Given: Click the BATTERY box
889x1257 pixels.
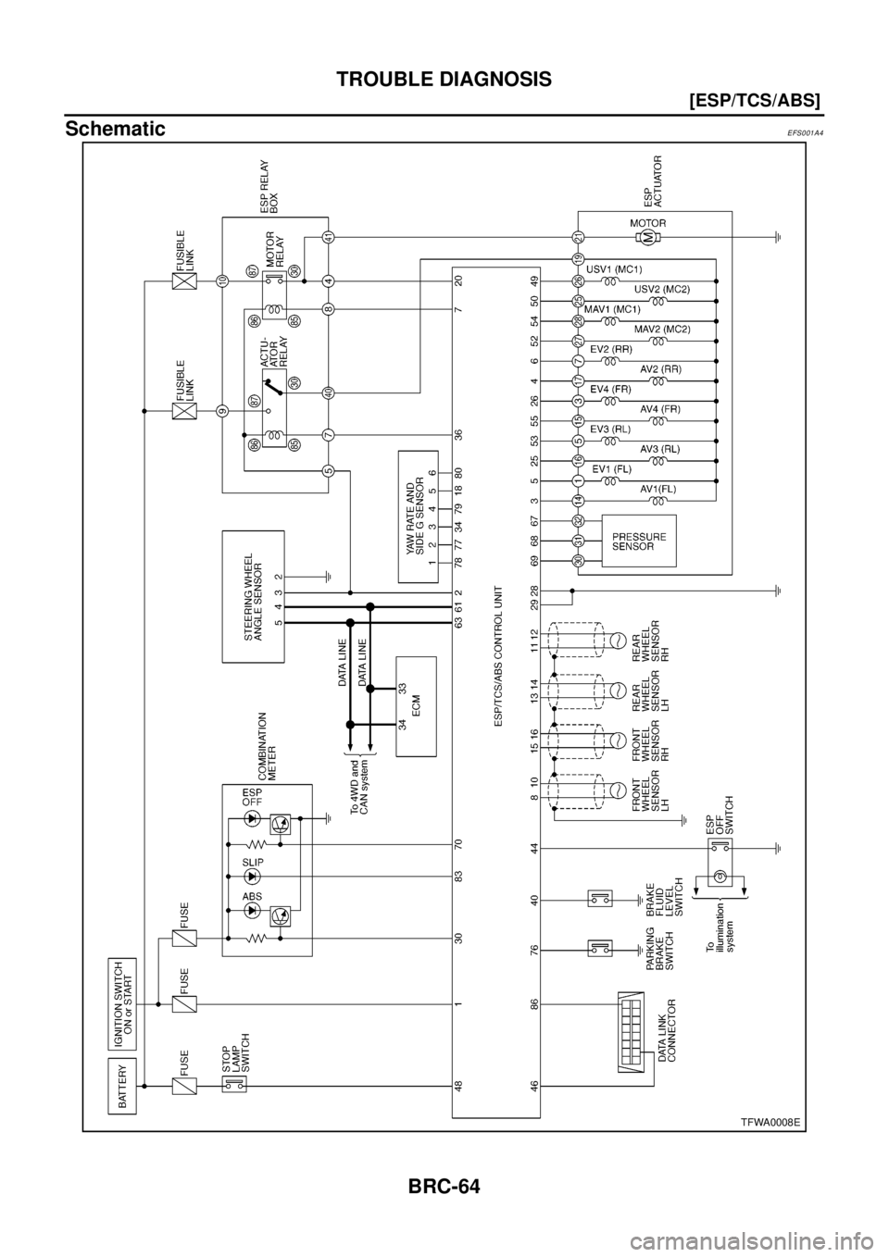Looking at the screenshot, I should pyautogui.click(x=122, y=1085).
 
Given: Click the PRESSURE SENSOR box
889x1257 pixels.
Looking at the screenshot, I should pyautogui.click(x=639, y=541).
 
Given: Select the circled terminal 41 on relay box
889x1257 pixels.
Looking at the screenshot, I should pyautogui.click(x=329, y=237).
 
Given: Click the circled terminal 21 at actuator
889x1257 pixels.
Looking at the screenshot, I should pyautogui.click(x=577, y=237).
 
